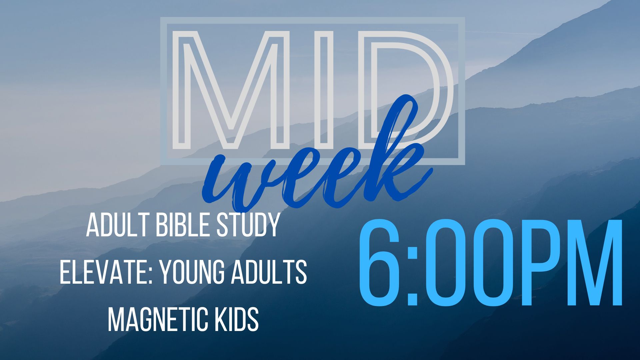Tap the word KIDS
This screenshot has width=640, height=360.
pyautogui.click(x=237, y=319)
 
